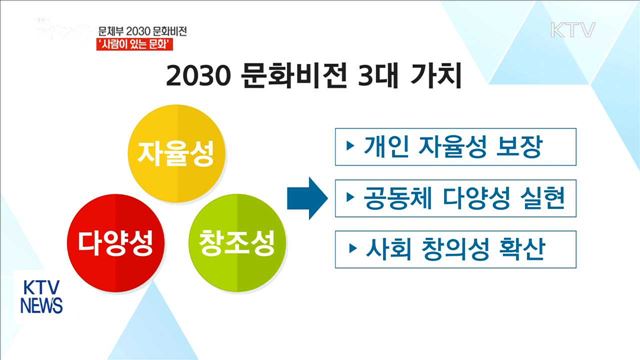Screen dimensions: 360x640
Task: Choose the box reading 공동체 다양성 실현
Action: [x=455, y=198]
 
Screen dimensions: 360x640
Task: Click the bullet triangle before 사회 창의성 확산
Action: [x=350, y=247]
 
